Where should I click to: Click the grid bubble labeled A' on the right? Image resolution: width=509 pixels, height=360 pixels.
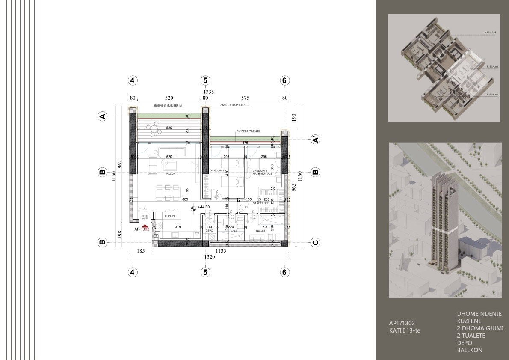(x=315, y=140)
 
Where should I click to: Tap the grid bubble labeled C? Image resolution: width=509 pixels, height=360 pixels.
(x=315, y=243)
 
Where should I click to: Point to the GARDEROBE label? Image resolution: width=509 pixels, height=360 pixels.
(x=260, y=203)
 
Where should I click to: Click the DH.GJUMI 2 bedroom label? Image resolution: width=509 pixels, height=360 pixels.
(x=217, y=170)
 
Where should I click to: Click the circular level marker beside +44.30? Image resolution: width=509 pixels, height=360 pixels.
(x=192, y=209)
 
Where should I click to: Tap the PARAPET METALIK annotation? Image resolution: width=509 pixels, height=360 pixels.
(x=248, y=131)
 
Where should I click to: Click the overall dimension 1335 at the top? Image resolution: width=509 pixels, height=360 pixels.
(x=208, y=92)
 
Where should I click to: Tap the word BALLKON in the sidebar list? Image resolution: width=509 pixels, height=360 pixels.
(x=470, y=350)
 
